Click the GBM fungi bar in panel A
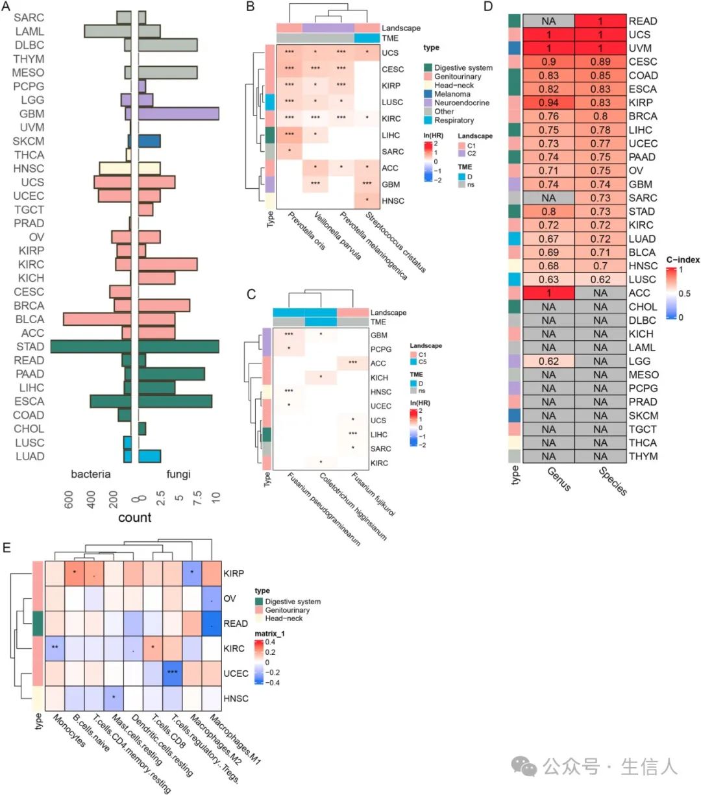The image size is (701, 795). (178, 114)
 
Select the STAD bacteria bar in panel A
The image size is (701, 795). (91, 347)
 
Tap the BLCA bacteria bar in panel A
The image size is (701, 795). (97, 319)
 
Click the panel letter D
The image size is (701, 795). (489, 7)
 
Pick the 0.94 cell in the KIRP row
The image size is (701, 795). (548, 103)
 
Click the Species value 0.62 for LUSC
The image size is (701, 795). (600, 279)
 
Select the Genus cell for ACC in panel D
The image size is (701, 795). (548, 293)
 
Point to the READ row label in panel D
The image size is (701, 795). (643, 21)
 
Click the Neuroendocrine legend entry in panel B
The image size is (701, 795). (461, 103)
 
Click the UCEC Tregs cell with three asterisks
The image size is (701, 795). (172, 673)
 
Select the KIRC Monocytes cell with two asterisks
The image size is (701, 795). (56, 648)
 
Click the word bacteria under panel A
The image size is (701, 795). (91, 474)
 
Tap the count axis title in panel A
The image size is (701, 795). (134, 517)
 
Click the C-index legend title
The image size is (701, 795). (683, 260)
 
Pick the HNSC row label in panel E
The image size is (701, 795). (236, 698)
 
